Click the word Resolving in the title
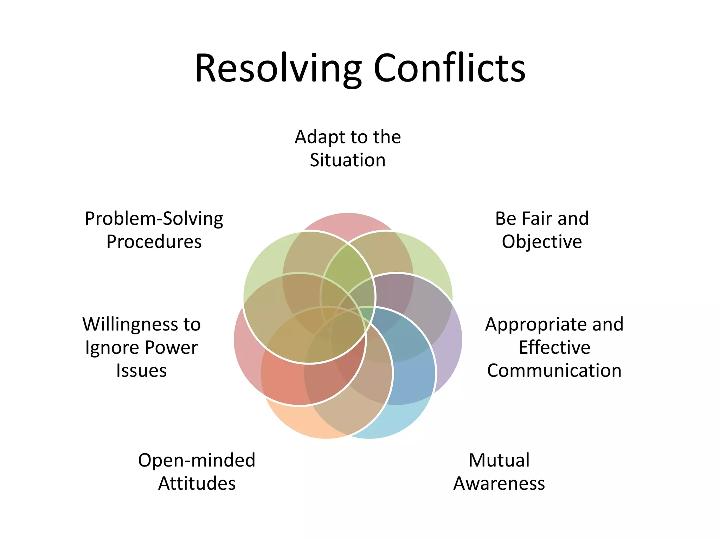(278, 69)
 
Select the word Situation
(348, 160)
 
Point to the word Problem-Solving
(154, 219)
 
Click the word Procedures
(154, 242)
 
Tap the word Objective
(542, 242)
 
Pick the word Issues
(141, 371)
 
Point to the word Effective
(554, 347)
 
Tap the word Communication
(554, 371)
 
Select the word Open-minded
(197, 460)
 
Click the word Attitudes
(197, 483)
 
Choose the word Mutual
(499, 460)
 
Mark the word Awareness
(499, 483)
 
